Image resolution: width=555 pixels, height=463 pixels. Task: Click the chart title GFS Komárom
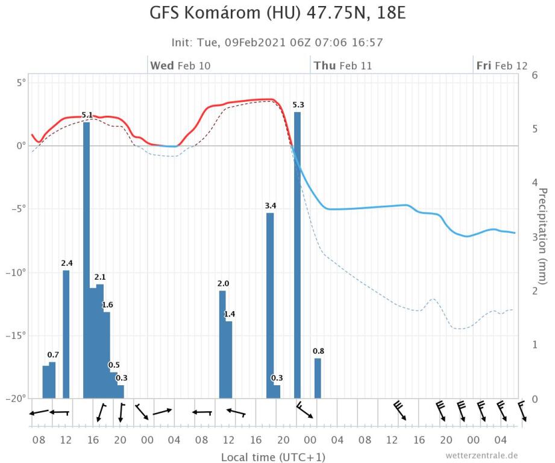(277, 13)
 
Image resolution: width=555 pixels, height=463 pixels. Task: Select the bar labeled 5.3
(297, 253)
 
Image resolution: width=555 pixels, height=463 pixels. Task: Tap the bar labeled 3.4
(270, 304)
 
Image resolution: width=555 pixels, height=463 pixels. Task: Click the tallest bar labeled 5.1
(87, 259)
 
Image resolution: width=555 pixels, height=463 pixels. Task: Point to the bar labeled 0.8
(318, 378)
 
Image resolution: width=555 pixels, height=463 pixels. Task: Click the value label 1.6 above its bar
(107, 305)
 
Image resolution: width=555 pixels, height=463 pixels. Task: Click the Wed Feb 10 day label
(180, 66)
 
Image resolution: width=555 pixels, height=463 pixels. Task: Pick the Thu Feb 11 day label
(342, 66)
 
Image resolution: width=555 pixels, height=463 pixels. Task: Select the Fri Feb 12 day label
(501, 66)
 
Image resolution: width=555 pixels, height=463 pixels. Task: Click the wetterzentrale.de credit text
(481, 455)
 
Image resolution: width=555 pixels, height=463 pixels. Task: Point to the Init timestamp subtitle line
(277, 42)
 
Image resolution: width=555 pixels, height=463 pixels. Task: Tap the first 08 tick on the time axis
(40, 440)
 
